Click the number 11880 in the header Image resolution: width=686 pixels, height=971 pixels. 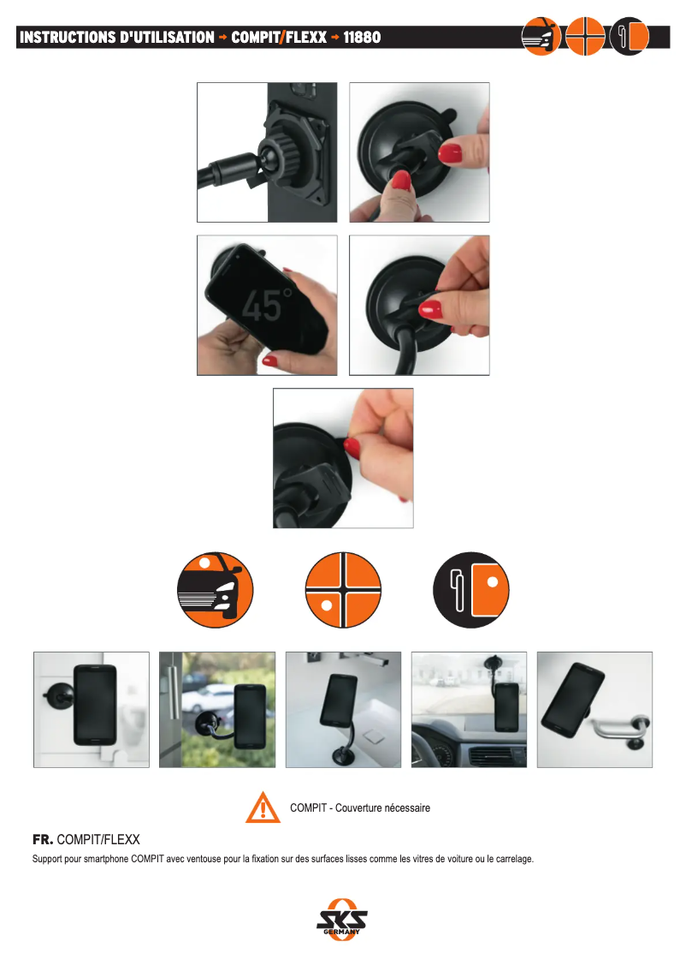[362, 37]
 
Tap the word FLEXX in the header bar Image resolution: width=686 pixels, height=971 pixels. [306, 37]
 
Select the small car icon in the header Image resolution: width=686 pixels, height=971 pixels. [541, 36]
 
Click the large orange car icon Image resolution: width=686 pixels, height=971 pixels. [216, 589]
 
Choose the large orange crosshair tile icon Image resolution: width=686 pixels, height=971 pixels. [343, 589]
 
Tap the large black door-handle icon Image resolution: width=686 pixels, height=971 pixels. [471, 589]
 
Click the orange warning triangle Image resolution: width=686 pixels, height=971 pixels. [263, 807]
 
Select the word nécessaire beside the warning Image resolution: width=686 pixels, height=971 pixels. [407, 807]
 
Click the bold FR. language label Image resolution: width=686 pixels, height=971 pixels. [43, 840]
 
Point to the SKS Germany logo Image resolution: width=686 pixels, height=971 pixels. [342, 920]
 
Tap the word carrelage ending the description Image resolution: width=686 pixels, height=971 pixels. [513, 860]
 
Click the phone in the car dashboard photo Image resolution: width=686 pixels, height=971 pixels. [506, 706]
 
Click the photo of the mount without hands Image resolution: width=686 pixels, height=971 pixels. [267, 152]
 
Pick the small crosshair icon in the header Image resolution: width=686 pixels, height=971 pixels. [584, 36]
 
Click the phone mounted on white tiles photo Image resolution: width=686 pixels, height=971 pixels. [92, 710]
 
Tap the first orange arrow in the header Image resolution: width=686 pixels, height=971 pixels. [222, 37]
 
